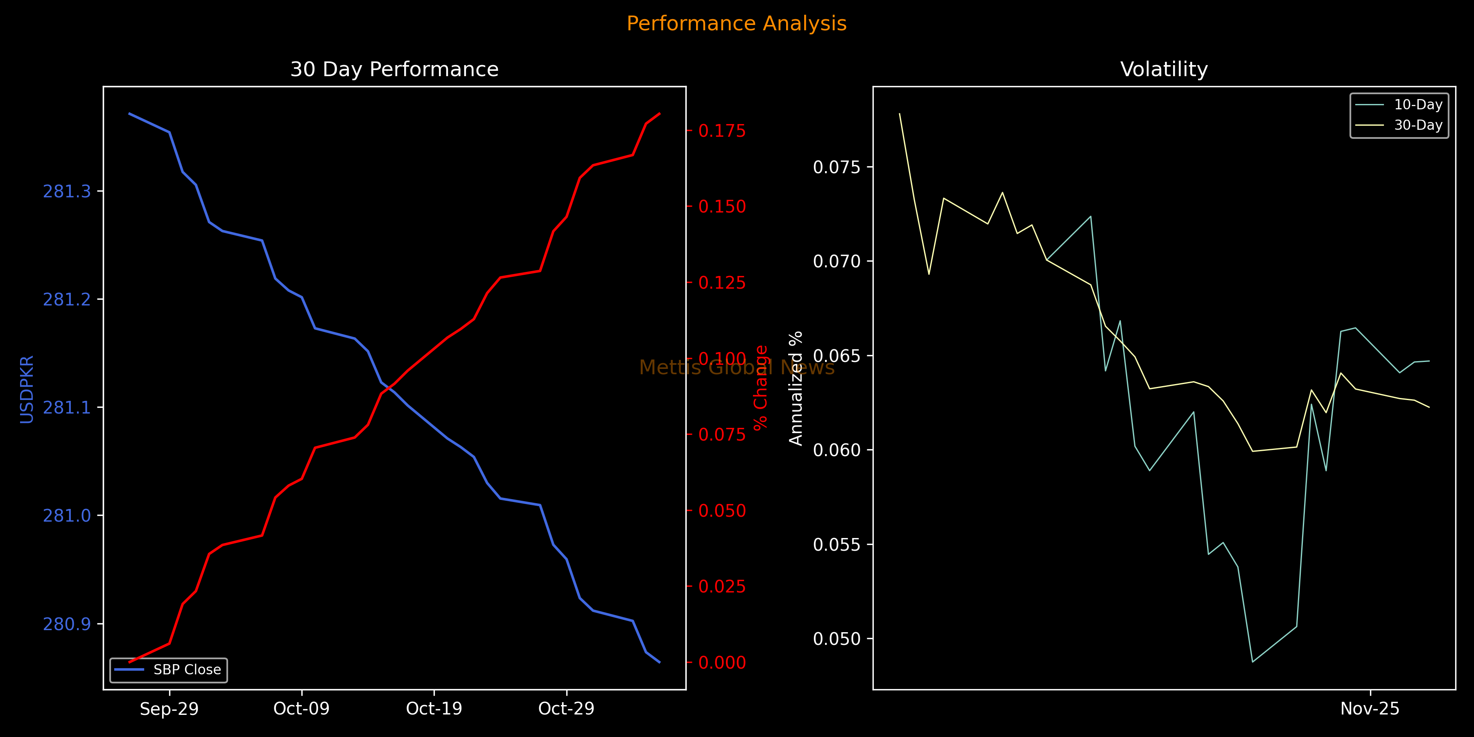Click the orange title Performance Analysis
click(x=737, y=23)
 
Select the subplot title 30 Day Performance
click(x=394, y=69)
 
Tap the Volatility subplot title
click(x=1164, y=69)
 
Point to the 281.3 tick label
click(x=67, y=191)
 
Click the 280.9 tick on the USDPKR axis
click(x=67, y=624)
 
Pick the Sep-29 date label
click(x=170, y=709)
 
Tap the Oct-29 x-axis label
click(x=567, y=709)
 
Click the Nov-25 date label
click(x=1370, y=709)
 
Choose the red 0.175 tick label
click(x=722, y=131)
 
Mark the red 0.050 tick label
click(x=722, y=511)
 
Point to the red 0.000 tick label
click(x=722, y=662)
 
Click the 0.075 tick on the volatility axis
click(x=836, y=167)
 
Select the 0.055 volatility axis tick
click(x=836, y=544)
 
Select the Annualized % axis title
click(x=796, y=388)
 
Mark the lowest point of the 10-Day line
click(x=1252, y=662)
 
